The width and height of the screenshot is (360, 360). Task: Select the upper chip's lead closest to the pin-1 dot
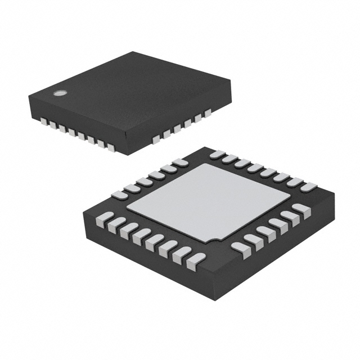coord(43,120)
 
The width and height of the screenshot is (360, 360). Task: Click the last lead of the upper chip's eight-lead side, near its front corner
coord(111,148)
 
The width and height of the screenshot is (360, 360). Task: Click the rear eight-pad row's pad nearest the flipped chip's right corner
coord(308,187)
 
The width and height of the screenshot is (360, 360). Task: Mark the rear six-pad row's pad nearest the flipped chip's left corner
coord(119,195)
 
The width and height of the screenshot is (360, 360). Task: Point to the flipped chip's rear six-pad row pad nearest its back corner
coord(180,163)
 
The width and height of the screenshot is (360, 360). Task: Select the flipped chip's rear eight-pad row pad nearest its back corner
coord(218,154)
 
